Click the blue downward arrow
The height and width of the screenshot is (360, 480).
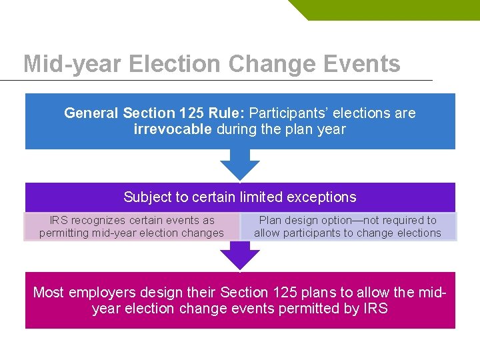[x=239, y=164]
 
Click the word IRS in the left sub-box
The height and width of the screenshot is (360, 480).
[x=59, y=220]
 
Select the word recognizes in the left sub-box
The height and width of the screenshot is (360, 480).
[x=98, y=220]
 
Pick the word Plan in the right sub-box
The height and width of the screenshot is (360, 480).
[x=271, y=220]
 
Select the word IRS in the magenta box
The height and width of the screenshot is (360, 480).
[x=372, y=309]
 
